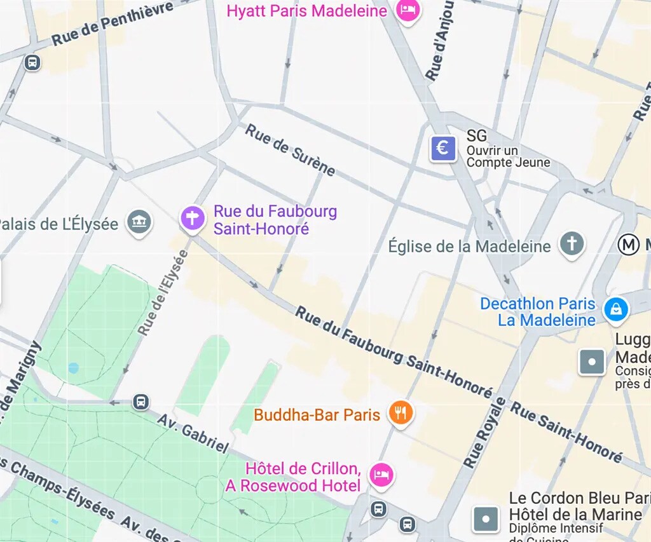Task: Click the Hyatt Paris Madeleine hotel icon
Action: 407,10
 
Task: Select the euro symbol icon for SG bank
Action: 442,149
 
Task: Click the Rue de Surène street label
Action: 291,150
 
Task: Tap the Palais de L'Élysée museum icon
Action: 139,222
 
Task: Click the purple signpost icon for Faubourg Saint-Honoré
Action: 192,218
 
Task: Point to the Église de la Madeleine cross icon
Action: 572,244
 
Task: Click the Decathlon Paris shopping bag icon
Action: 615,309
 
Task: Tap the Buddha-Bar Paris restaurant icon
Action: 400,414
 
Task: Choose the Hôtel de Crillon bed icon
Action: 381,474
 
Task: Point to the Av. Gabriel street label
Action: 193,434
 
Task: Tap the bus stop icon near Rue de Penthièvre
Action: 32,63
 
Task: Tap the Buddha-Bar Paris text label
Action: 317,415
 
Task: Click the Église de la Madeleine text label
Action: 469,247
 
